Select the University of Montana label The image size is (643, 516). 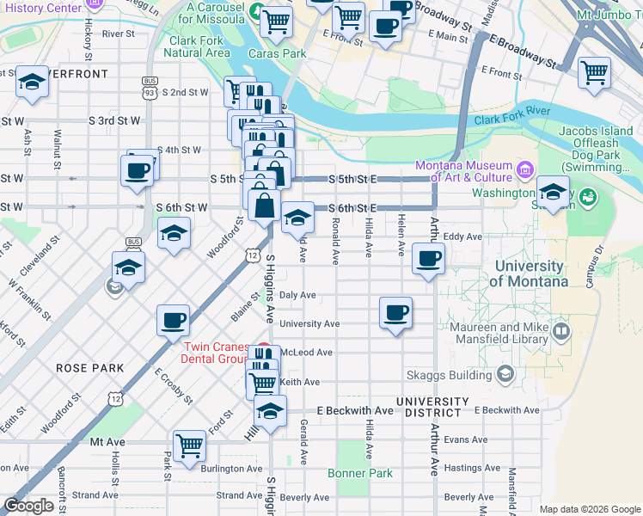[528, 273]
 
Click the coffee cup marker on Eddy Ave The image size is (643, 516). [428, 258]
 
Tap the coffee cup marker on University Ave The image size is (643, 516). [395, 313]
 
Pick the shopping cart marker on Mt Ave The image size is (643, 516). [189, 445]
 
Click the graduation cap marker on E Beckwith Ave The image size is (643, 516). [270, 411]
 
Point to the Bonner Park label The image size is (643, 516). [360, 473]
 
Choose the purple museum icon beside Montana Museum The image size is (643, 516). [524, 166]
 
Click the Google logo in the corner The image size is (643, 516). [28, 506]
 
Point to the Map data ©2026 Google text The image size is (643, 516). [590, 508]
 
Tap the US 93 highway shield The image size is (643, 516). [150, 83]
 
